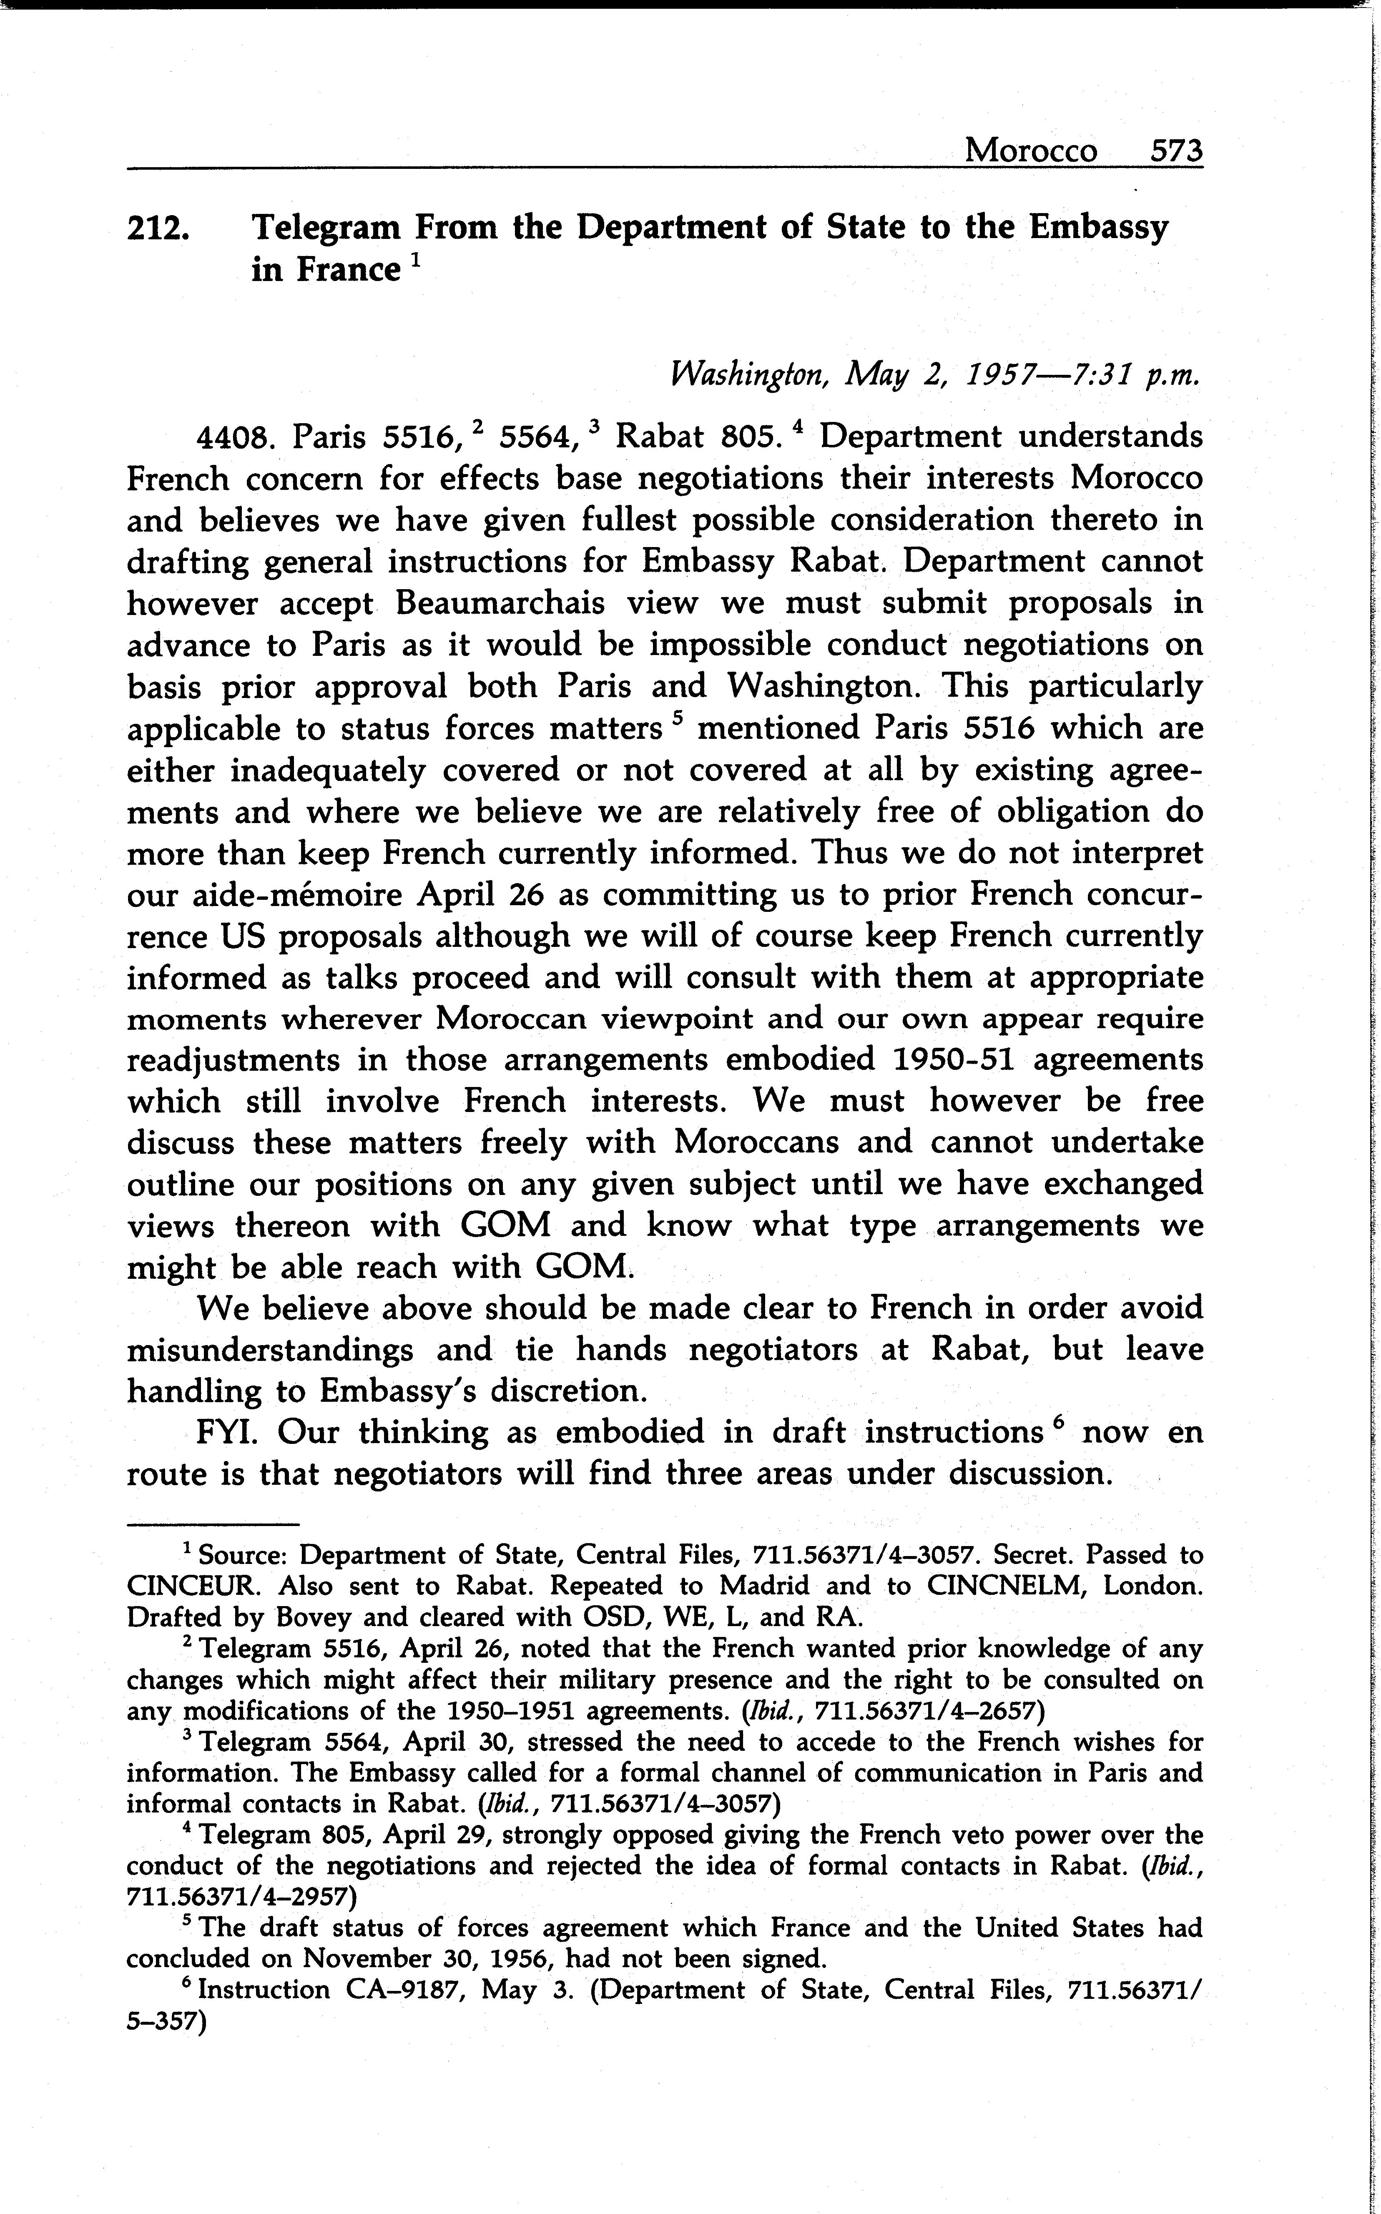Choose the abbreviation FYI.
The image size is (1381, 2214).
(226, 1432)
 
